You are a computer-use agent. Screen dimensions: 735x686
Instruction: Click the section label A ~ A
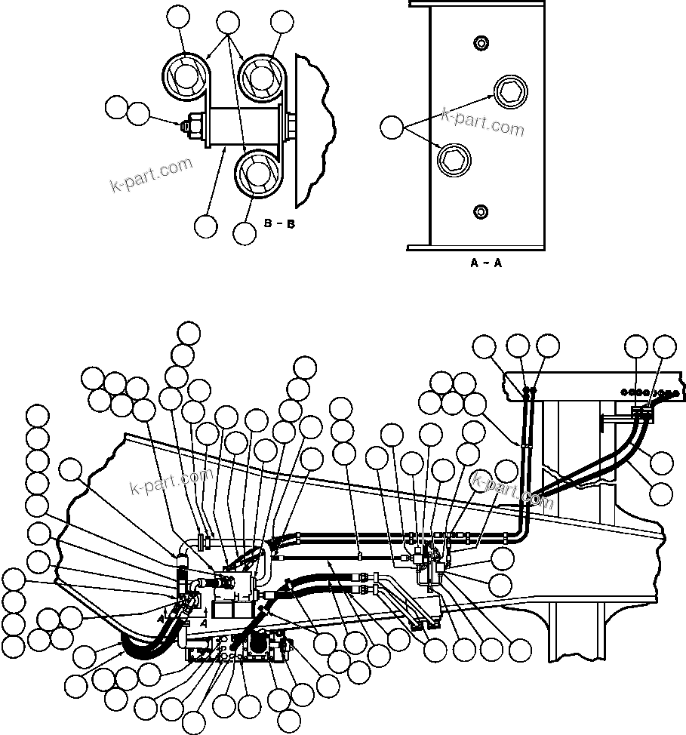[x=486, y=263]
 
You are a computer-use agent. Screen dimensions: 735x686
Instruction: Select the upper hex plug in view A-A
[x=506, y=92]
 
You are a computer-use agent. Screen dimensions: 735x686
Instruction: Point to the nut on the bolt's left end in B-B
[x=192, y=124]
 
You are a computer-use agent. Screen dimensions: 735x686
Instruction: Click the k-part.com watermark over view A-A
[x=482, y=122]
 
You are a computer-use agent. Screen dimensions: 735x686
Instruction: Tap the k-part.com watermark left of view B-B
[x=152, y=174]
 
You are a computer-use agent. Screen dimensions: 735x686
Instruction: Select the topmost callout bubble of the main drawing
[x=189, y=332]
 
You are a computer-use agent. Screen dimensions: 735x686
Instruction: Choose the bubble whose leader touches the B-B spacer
[x=205, y=225]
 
